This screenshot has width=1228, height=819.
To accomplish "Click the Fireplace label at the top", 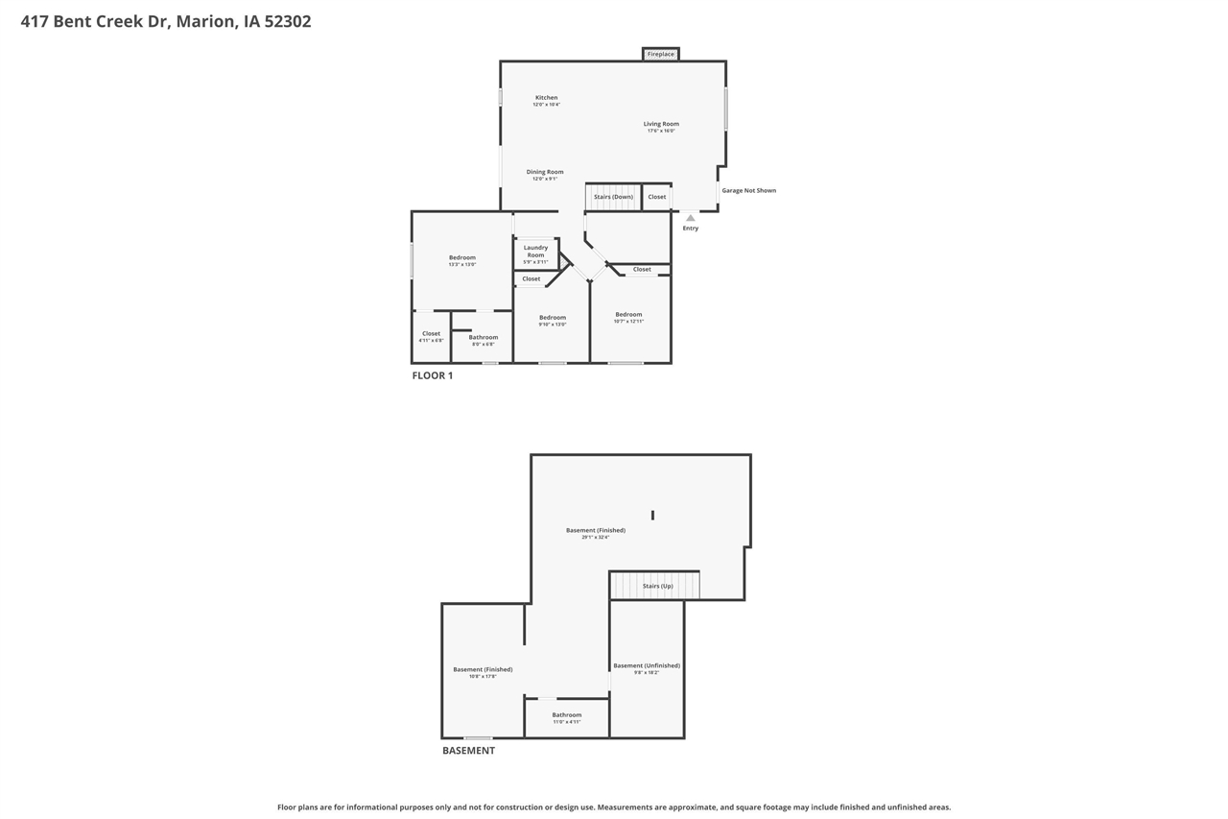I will (660, 55).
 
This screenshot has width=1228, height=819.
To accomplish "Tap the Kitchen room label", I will (546, 98).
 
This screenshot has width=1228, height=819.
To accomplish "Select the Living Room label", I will (661, 124).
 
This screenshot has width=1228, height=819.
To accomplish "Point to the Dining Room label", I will (545, 172).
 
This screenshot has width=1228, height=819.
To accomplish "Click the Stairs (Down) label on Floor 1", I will (613, 197).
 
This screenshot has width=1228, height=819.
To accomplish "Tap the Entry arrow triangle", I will (690, 218).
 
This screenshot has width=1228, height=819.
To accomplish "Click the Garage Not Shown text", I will (748, 191).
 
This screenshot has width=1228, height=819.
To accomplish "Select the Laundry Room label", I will (535, 252).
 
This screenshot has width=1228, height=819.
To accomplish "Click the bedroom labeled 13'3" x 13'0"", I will (462, 258).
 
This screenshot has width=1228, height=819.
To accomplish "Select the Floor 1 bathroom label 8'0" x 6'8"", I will (483, 338).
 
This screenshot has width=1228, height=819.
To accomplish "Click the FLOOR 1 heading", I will (433, 375).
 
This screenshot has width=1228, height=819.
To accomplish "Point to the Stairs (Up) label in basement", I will (657, 586).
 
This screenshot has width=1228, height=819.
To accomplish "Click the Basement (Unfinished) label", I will (647, 666).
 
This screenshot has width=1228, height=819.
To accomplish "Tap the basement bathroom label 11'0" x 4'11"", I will (566, 716).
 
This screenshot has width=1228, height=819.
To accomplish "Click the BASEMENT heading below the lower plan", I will (468, 751).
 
